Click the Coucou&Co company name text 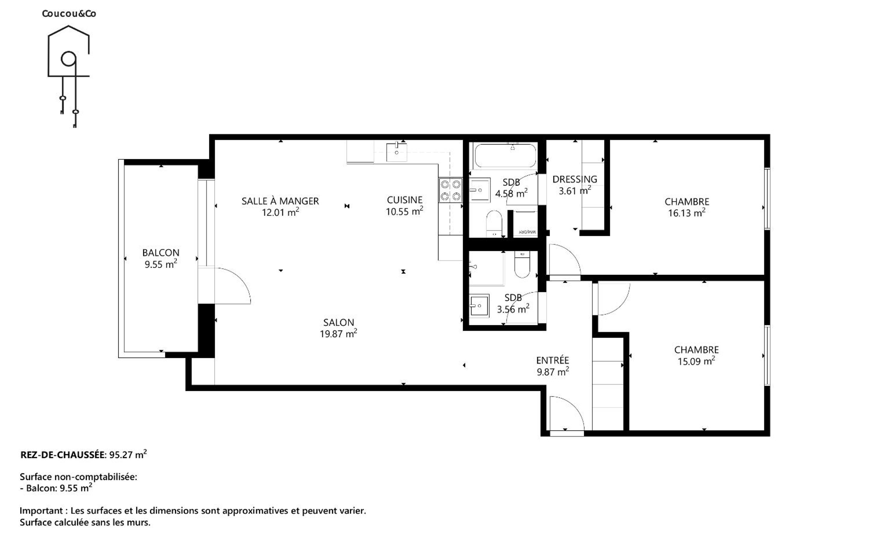(x=69, y=13)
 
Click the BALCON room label (x=161, y=253)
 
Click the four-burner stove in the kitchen (x=450, y=190)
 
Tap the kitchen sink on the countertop (x=397, y=152)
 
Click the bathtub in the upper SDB (x=505, y=155)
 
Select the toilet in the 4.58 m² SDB (x=494, y=223)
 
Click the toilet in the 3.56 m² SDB (x=522, y=264)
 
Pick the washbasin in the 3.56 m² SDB (x=479, y=306)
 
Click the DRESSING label (x=575, y=179)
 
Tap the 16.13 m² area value (x=687, y=213)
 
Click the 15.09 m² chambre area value (x=696, y=361)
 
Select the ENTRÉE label (x=553, y=360)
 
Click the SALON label (x=338, y=323)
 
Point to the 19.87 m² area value (x=338, y=334)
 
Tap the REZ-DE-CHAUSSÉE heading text (x=63, y=455)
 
